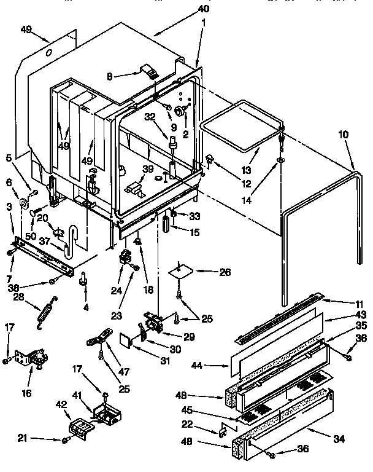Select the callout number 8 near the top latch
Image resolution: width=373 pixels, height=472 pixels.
point(110,77)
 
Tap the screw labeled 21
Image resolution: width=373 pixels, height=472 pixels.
point(65,440)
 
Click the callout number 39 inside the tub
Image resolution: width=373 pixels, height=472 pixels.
point(148,170)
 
